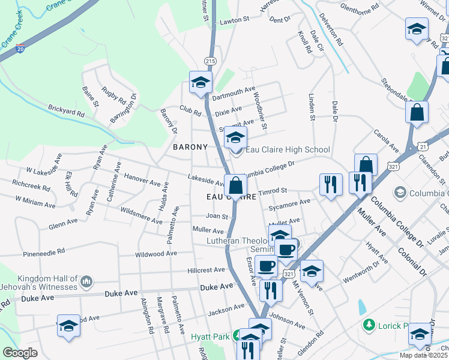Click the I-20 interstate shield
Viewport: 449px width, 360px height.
[x=20, y=47]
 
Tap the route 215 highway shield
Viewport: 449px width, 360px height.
[x=209, y=61]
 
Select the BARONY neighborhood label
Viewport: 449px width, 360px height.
[x=190, y=147]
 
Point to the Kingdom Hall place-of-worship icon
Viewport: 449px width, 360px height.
[x=86, y=281]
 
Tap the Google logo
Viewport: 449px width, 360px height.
[x=20, y=353]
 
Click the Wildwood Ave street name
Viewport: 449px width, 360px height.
[x=156, y=254]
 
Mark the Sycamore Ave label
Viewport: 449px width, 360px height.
[x=289, y=203]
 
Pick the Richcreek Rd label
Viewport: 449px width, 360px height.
[x=30, y=187]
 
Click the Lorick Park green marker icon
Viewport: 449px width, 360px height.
[x=369, y=325]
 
